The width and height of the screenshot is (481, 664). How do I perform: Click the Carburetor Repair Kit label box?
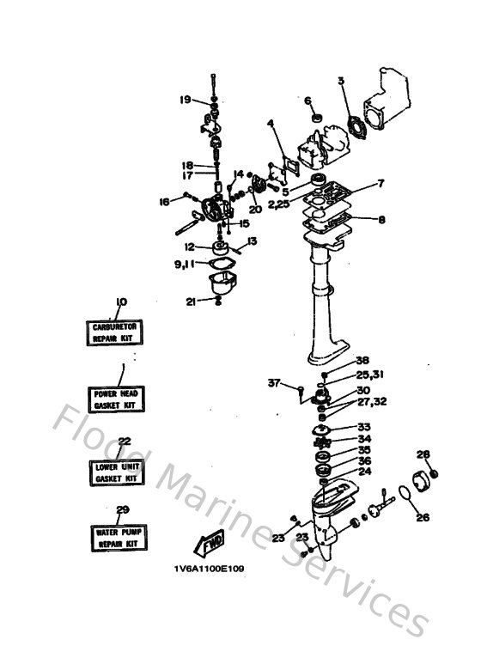[x=116, y=333]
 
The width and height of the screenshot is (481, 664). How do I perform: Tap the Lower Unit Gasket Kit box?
[x=116, y=472]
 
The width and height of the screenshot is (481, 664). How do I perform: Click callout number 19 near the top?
[x=185, y=101]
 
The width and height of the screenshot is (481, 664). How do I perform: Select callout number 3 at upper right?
[x=341, y=82]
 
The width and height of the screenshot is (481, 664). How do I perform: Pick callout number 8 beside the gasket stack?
[x=381, y=219]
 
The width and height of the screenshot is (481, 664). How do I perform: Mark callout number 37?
[x=274, y=382]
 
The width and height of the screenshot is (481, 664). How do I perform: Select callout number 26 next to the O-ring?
[x=422, y=517]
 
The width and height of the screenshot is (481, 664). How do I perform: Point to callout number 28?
[x=422, y=454]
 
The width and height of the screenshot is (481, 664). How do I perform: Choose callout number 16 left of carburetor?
[x=165, y=202]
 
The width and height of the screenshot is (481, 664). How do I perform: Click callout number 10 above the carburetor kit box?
[x=120, y=302]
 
